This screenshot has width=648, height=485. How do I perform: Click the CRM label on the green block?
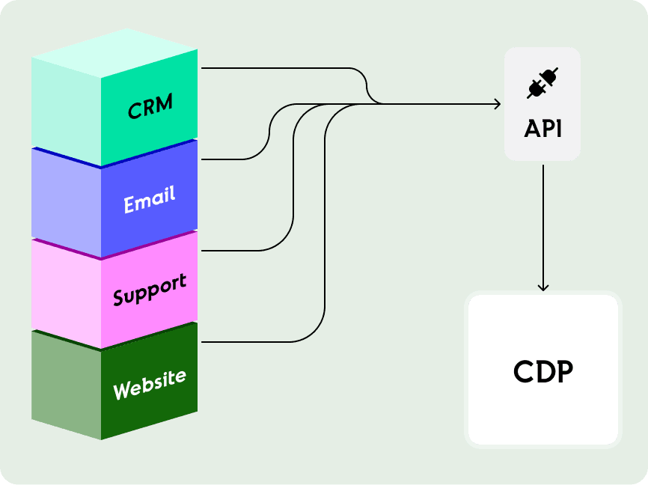point(150,106)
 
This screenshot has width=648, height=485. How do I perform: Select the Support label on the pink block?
point(150,290)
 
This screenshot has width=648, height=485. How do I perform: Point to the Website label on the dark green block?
point(150,383)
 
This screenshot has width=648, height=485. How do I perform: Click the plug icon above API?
point(542,83)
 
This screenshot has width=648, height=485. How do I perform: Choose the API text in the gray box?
point(542,129)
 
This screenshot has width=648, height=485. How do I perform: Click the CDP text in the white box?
point(543,371)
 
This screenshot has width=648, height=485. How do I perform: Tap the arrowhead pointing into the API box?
point(497,104)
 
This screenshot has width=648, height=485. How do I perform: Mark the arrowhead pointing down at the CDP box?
point(543,287)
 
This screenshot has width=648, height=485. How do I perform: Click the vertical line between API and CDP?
point(543,225)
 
